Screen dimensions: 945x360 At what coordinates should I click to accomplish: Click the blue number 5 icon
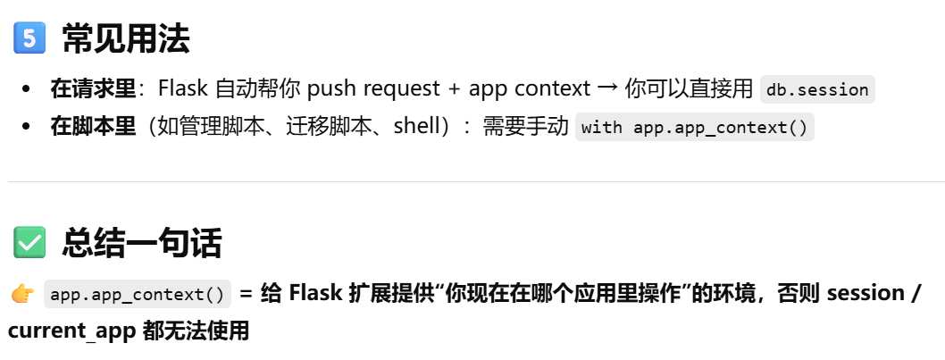[x=29, y=39]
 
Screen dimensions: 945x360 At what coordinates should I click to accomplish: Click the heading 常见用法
[x=125, y=39]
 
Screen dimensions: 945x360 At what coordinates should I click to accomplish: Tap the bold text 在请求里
[x=93, y=88]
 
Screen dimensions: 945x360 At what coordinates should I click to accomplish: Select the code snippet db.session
[x=816, y=89]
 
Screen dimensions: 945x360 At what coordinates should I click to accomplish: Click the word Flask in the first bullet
[x=182, y=88]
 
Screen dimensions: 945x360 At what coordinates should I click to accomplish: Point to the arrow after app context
[x=606, y=88]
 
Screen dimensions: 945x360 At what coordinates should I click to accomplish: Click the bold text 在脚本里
[x=93, y=126]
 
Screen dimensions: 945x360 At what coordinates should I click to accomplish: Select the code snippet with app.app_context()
[x=694, y=127]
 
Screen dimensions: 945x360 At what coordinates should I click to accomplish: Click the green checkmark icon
[x=29, y=242]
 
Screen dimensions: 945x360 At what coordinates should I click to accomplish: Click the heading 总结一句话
[x=141, y=242]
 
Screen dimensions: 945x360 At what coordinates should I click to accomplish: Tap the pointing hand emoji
[x=21, y=294]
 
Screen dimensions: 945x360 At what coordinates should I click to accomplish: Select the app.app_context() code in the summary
[x=138, y=294]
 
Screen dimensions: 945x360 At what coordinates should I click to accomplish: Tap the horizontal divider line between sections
[x=472, y=182]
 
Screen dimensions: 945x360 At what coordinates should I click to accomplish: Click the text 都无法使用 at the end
[x=196, y=331]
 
